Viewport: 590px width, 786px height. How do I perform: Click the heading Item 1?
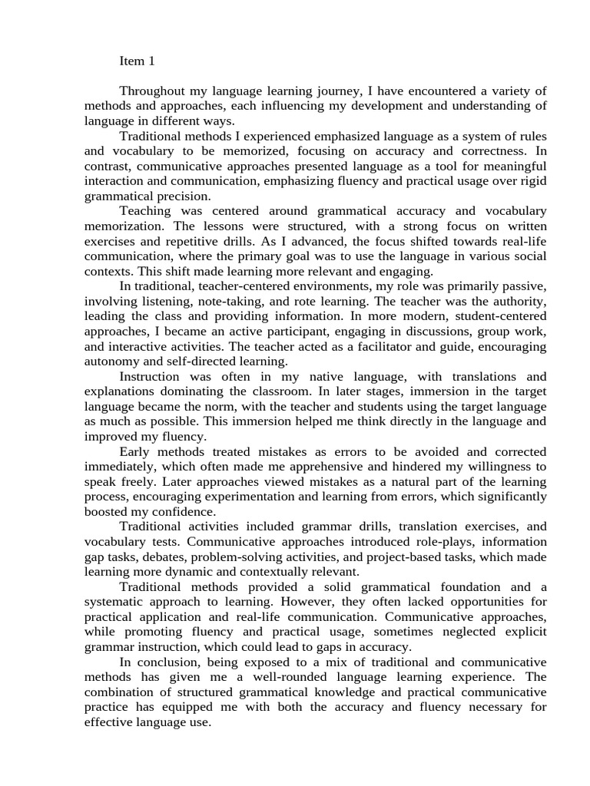click(137, 61)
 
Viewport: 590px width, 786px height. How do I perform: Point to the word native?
click(324, 376)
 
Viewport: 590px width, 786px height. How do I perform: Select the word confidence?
click(178, 511)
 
